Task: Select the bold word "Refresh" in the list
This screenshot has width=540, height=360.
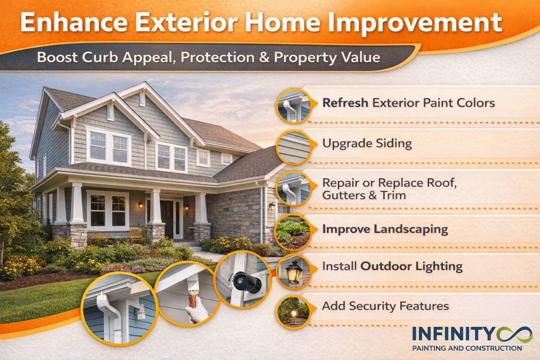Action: [x=345, y=102]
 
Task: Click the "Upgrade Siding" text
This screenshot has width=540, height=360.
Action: [x=359, y=143]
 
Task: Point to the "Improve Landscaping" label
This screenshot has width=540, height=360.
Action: [x=385, y=229]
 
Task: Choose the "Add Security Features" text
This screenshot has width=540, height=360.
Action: [x=385, y=306]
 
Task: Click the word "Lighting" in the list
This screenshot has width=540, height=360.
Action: [x=437, y=266]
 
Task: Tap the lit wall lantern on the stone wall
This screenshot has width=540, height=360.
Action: [x=272, y=206]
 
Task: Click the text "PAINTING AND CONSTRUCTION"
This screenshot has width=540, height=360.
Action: [x=466, y=348]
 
